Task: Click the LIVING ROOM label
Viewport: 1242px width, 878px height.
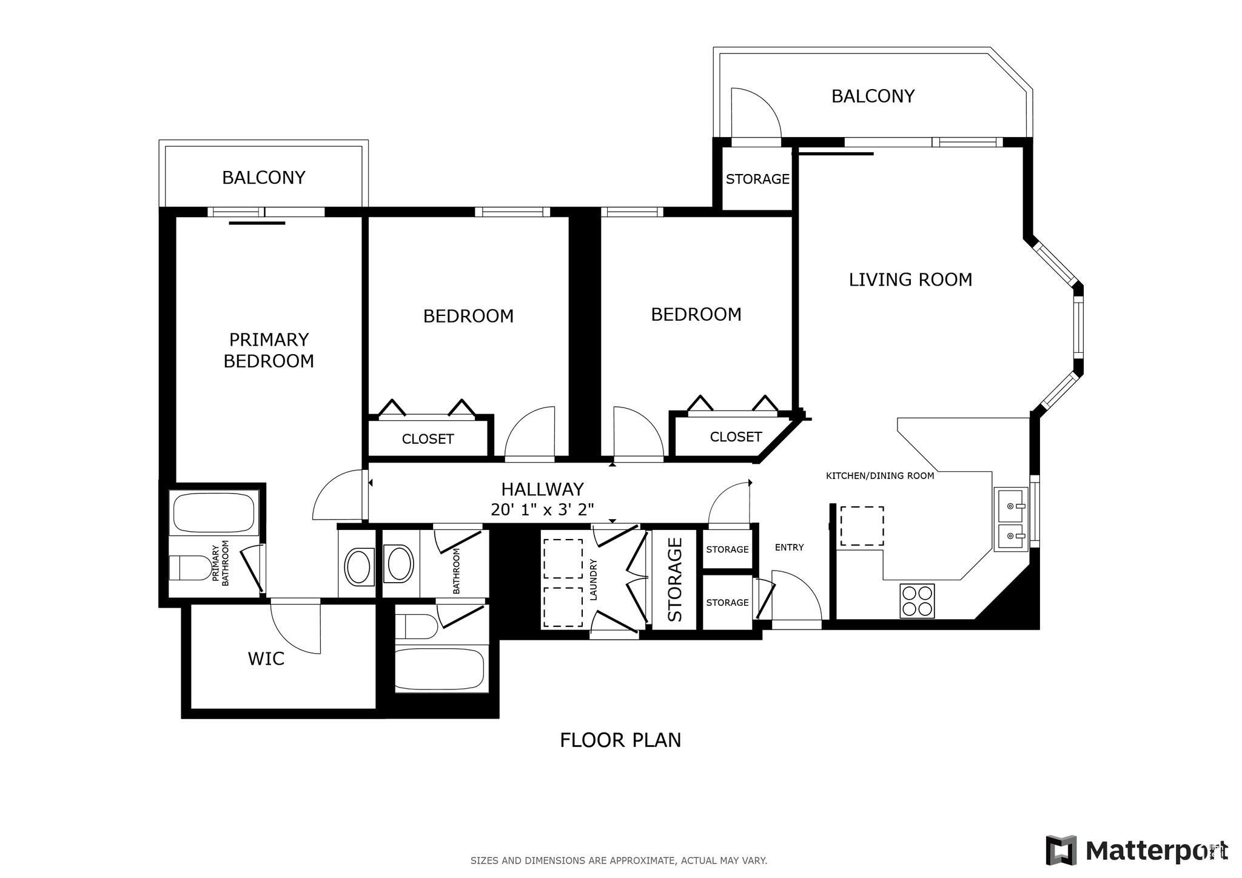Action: tap(910, 280)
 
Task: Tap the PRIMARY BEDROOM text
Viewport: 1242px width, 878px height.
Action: tap(269, 350)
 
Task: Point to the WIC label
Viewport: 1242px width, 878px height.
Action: tap(266, 658)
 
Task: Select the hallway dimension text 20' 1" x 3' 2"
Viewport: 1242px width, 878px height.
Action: tap(542, 509)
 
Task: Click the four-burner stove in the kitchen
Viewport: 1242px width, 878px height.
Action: tap(917, 601)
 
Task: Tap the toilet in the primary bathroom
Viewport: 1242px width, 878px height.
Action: tap(190, 568)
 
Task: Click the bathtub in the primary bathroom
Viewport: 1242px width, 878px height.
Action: tap(214, 513)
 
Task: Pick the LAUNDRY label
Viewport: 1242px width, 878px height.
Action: tap(594, 580)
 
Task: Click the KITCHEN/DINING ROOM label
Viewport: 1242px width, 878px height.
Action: tap(880, 476)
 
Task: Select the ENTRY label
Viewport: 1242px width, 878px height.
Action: tap(789, 548)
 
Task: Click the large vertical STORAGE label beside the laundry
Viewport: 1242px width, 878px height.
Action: tap(675, 580)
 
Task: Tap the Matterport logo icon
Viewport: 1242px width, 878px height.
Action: tap(1061, 850)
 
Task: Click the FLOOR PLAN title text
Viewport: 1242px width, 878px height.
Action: tap(620, 740)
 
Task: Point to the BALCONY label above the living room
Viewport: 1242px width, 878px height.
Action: tap(873, 96)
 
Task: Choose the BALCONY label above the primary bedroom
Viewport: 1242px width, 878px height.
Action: tap(263, 178)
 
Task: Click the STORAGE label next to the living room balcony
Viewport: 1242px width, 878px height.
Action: tap(757, 179)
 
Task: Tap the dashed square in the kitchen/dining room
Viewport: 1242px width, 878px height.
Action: tap(861, 526)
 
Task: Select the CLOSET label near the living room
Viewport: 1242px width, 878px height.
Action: tap(736, 437)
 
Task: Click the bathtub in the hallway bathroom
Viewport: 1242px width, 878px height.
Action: tap(441, 669)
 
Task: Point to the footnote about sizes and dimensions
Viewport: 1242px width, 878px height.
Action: tap(619, 860)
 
